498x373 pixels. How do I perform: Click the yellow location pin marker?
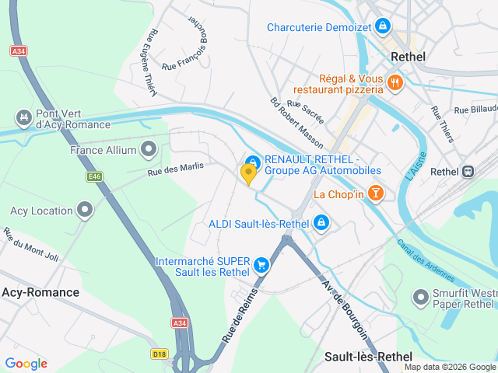(249, 173)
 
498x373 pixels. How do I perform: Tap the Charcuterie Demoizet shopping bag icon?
(382, 27)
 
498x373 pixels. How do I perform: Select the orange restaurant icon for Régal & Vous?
(395, 83)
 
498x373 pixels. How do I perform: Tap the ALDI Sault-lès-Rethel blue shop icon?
(321, 224)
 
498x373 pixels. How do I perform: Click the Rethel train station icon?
(469, 172)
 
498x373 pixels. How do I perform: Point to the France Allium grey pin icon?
(149, 149)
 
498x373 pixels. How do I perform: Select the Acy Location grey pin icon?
(85, 210)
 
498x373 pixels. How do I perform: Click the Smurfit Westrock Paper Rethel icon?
(421, 296)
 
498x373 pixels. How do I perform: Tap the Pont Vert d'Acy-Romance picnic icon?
(23, 117)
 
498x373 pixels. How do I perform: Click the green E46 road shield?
(95, 177)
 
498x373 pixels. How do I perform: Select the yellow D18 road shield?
(160, 354)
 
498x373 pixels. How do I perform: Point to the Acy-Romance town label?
(40, 292)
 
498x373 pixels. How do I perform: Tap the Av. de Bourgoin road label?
(344, 314)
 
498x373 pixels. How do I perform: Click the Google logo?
(26, 363)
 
